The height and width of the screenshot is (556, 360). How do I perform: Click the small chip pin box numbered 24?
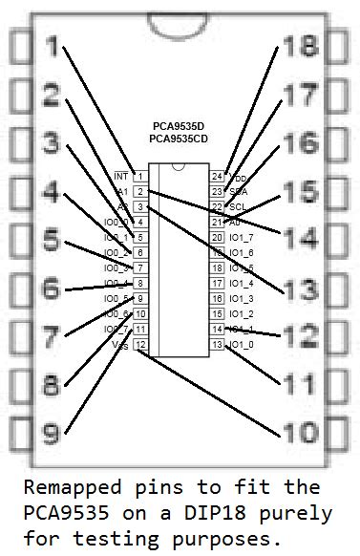pos(217,176)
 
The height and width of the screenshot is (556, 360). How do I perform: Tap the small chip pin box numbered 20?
pos(217,237)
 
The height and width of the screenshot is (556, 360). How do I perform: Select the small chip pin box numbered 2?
pos(139,191)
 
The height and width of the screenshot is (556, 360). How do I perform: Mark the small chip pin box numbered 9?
pos(139,298)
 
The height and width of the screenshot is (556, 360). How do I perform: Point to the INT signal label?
pos(120,176)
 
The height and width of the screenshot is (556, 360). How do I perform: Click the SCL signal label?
pos(238,206)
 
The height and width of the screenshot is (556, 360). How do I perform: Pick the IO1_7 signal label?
pos(242,237)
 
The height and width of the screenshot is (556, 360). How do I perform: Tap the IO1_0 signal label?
pos(242,344)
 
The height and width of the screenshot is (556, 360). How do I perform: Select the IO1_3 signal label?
pos(242,298)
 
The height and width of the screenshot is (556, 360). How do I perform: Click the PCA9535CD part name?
pos(178,139)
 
